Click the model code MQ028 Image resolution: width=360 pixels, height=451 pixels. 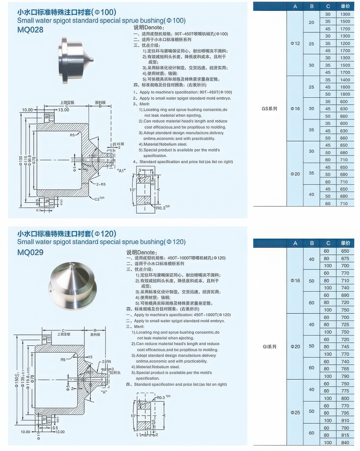[x=30, y=30]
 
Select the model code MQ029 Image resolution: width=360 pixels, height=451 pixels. [x=30, y=252]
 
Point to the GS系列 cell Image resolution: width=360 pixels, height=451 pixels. [x=269, y=109]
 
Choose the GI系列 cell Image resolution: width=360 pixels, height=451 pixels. [x=269, y=346]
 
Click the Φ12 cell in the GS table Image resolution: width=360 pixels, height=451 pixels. [x=295, y=43]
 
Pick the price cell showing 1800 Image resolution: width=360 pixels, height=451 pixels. [x=345, y=94]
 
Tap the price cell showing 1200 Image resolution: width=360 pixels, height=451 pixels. [x=345, y=44]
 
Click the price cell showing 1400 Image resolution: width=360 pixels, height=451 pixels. [x=345, y=80]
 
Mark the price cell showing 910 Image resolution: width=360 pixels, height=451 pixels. [x=345, y=421]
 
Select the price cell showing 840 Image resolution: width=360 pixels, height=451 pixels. [x=345, y=443]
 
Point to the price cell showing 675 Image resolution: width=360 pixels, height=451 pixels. [x=345, y=258]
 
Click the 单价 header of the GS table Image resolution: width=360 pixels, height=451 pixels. [x=345, y=6]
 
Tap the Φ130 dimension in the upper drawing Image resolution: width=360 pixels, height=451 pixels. [x=21, y=160]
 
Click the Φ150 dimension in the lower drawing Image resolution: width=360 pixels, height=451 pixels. [x=17, y=381]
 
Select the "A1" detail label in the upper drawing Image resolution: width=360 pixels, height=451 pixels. [x=121, y=171]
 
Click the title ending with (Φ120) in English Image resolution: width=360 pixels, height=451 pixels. [x=101, y=242]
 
